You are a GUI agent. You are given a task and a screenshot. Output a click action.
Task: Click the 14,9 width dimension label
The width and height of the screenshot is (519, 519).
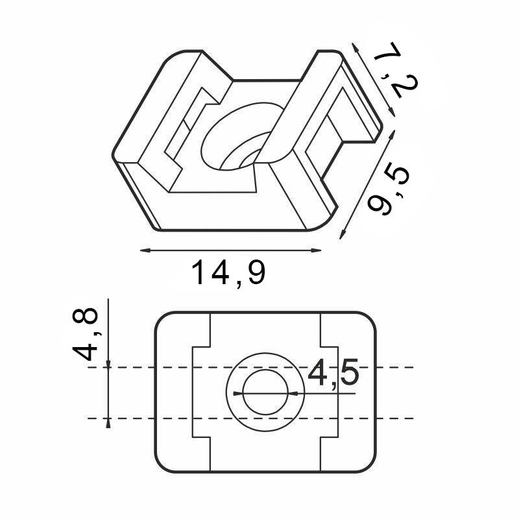[x=228, y=273]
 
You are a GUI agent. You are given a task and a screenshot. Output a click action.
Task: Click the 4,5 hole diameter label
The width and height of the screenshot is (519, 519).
[x=333, y=375]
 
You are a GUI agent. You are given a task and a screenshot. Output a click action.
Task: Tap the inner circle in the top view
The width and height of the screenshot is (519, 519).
[x=267, y=393]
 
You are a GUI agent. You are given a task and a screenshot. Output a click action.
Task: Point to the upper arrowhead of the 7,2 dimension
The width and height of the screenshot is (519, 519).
[x=354, y=47]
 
